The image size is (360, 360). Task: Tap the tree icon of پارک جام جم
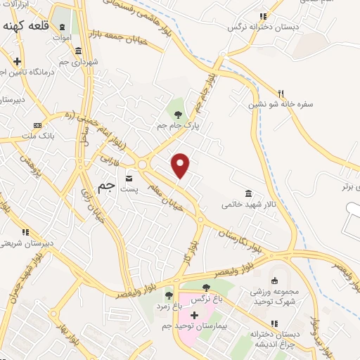(x=178, y=114)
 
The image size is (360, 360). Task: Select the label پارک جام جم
(x=178, y=125)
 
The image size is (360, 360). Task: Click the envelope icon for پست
(x=129, y=178)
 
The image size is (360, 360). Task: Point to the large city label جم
(x=106, y=187)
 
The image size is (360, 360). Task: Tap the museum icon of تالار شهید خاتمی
(x=248, y=193)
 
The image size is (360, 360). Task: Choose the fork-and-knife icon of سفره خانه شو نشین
(x=281, y=93)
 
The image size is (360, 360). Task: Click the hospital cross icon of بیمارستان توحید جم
(x=195, y=316)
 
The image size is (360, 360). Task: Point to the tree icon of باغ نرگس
(x=205, y=288)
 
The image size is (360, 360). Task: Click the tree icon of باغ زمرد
(x=168, y=295)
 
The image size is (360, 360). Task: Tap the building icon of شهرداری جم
(x=77, y=51)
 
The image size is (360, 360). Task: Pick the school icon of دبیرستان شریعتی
(x=25, y=232)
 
